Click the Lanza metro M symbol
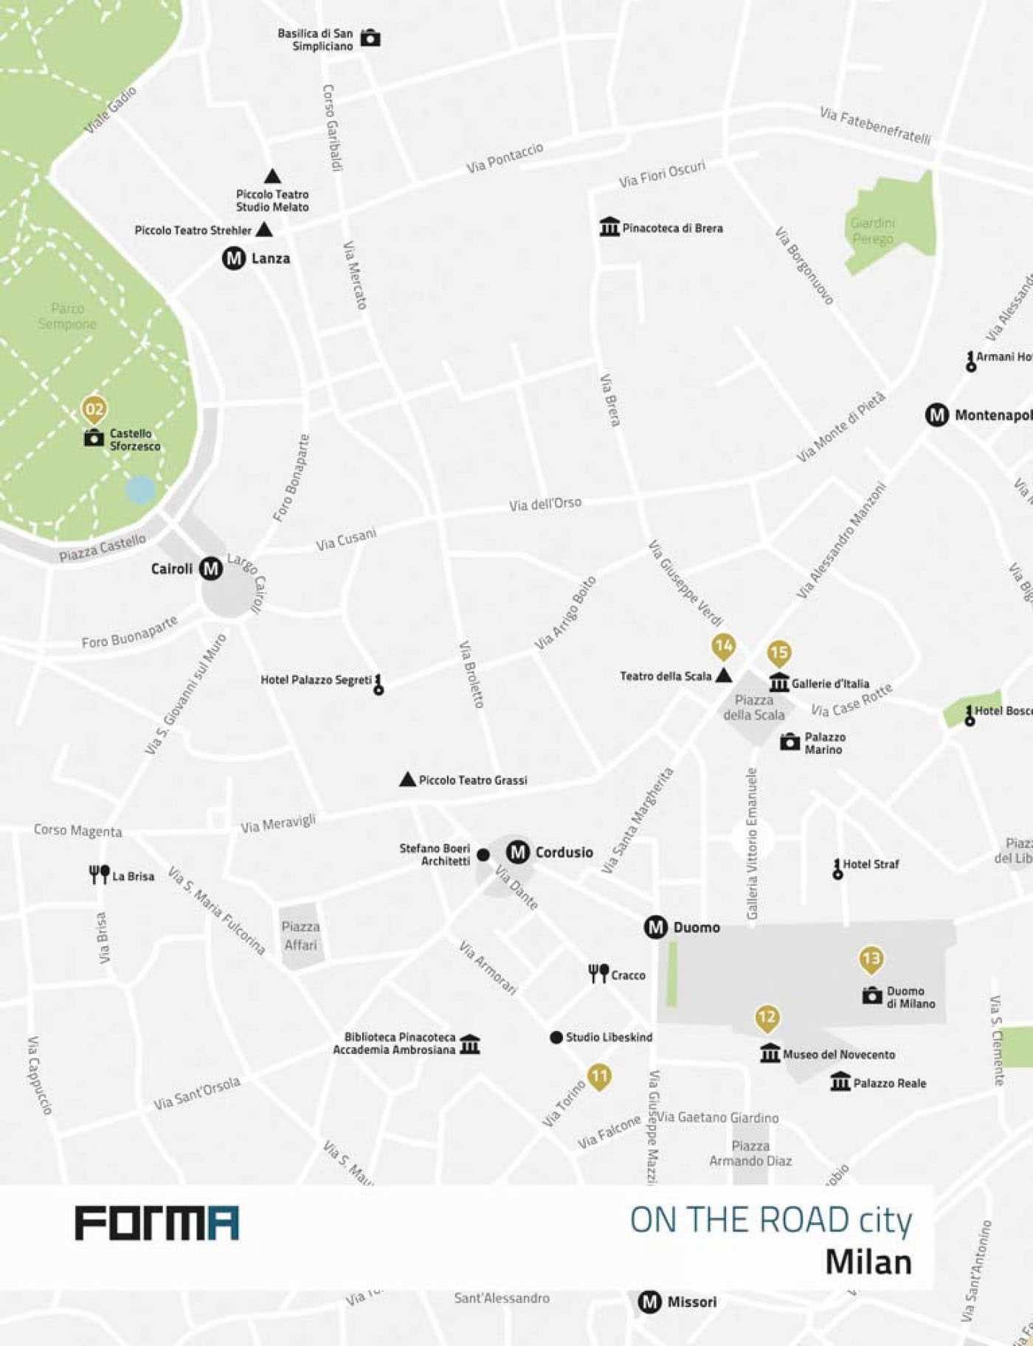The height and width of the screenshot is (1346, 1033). tap(233, 258)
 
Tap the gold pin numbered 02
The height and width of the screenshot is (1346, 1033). tap(94, 409)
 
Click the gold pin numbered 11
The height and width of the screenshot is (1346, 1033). tap(599, 1076)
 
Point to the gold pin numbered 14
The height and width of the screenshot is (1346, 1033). tap(723, 647)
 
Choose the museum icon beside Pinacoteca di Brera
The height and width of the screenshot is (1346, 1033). tap(609, 227)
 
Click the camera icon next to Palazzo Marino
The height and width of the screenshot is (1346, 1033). tap(790, 742)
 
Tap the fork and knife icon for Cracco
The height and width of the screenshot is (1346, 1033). tap(598, 974)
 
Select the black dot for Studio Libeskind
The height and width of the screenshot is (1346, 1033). tap(556, 1037)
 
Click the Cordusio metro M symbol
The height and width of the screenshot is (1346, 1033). tap(518, 853)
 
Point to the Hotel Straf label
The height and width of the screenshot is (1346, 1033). tap(871, 864)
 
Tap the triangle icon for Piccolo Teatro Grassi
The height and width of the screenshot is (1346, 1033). tap(407, 780)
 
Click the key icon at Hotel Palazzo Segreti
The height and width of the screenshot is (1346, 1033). tap(379, 684)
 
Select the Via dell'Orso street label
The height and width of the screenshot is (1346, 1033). tap(545, 504)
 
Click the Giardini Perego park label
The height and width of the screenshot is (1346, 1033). tap(872, 231)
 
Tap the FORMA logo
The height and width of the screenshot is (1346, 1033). tap(157, 1223)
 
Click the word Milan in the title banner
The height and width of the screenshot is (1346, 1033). tap(868, 1261)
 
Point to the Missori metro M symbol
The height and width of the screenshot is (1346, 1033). tap(649, 1302)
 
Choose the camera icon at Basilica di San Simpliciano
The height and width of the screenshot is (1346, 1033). tap(370, 38)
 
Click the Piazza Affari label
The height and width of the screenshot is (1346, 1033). tap(300, 935)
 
